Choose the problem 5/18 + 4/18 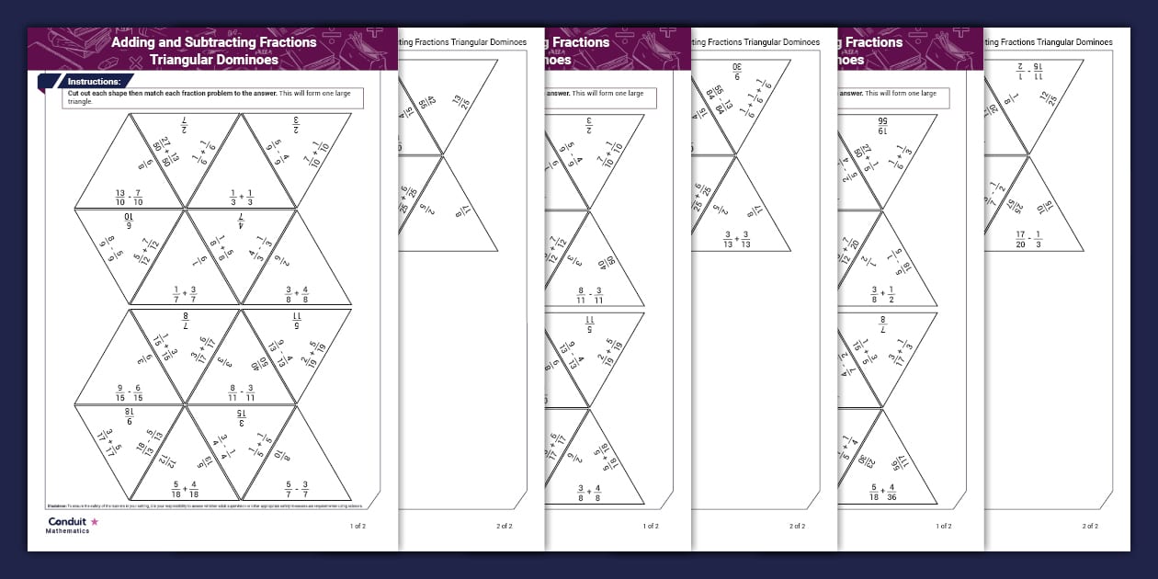tap(186, 489)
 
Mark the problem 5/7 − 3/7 tap(296, 489)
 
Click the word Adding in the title tap(137, 42)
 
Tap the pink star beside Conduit tap(94, 521)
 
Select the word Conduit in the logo tap(67, 521)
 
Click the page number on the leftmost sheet tap(358, 527)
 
